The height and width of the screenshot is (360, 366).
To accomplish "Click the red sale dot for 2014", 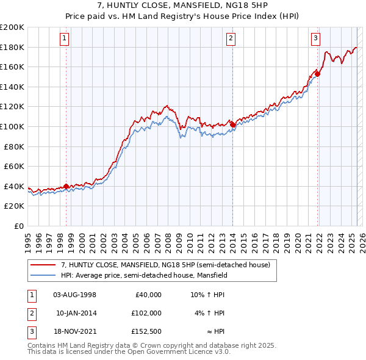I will coord(232,124).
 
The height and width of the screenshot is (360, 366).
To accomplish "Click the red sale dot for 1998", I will coord(66,186).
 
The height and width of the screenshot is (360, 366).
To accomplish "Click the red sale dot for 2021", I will coord(318,74).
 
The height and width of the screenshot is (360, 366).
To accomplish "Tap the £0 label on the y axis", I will coord(18,226).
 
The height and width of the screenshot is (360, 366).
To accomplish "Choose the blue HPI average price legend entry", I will coord(144,275).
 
